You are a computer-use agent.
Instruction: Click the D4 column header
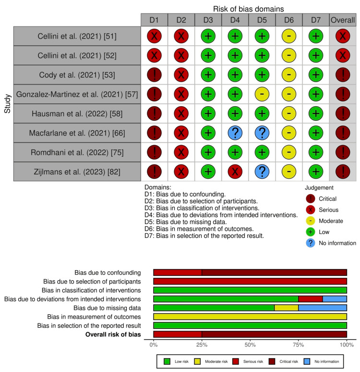click(x=235, y=20)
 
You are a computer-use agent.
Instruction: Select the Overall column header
click(x=342, y=20)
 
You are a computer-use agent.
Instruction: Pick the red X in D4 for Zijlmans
click(x=235, y=172)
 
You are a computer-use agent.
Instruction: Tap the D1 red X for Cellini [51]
click(x=154, y=37)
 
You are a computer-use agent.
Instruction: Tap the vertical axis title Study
click(x=7, y=104)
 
